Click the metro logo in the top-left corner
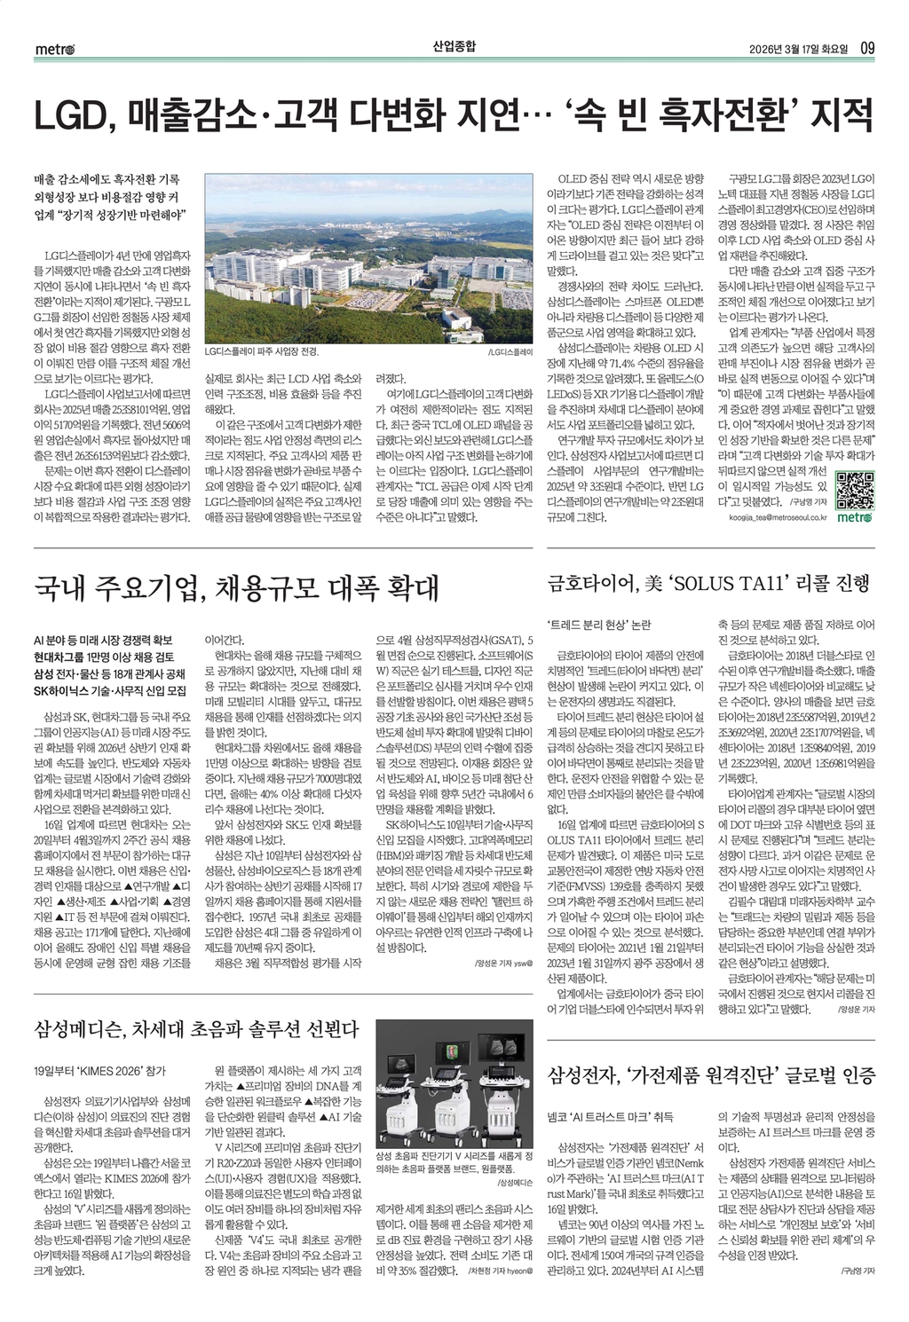point(54,48)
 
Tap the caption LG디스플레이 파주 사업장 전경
point(261,352)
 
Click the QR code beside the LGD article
point(857,488)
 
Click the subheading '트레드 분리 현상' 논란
point(599,624)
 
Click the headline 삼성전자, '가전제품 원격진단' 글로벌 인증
point(712,1075)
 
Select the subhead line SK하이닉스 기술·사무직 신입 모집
point(109,689)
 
